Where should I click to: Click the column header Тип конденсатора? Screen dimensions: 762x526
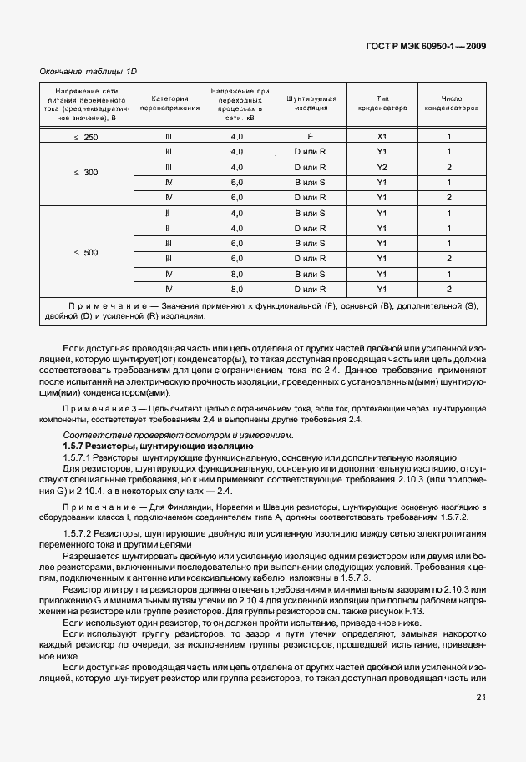[x=382, y=103]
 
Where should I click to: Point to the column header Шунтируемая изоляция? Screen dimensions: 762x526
[x=310, y=103]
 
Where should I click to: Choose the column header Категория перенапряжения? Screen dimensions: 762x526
[x=169, y=103]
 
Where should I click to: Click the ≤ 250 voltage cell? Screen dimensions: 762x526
[x=85, y=136]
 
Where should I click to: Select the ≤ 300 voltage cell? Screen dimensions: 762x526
[x=85, y=174]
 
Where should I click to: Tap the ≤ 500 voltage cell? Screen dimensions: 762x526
[x=85, y=251]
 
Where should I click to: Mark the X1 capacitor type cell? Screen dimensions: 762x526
[x=382, y=136]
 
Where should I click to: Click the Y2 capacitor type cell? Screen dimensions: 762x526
[x=382, y=167]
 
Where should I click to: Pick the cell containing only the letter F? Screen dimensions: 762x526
[x=310, y=136]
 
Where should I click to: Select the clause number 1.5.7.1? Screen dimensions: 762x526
[x=80, y=458]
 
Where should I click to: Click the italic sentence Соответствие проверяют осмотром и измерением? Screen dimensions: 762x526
[x=178, y=435]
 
